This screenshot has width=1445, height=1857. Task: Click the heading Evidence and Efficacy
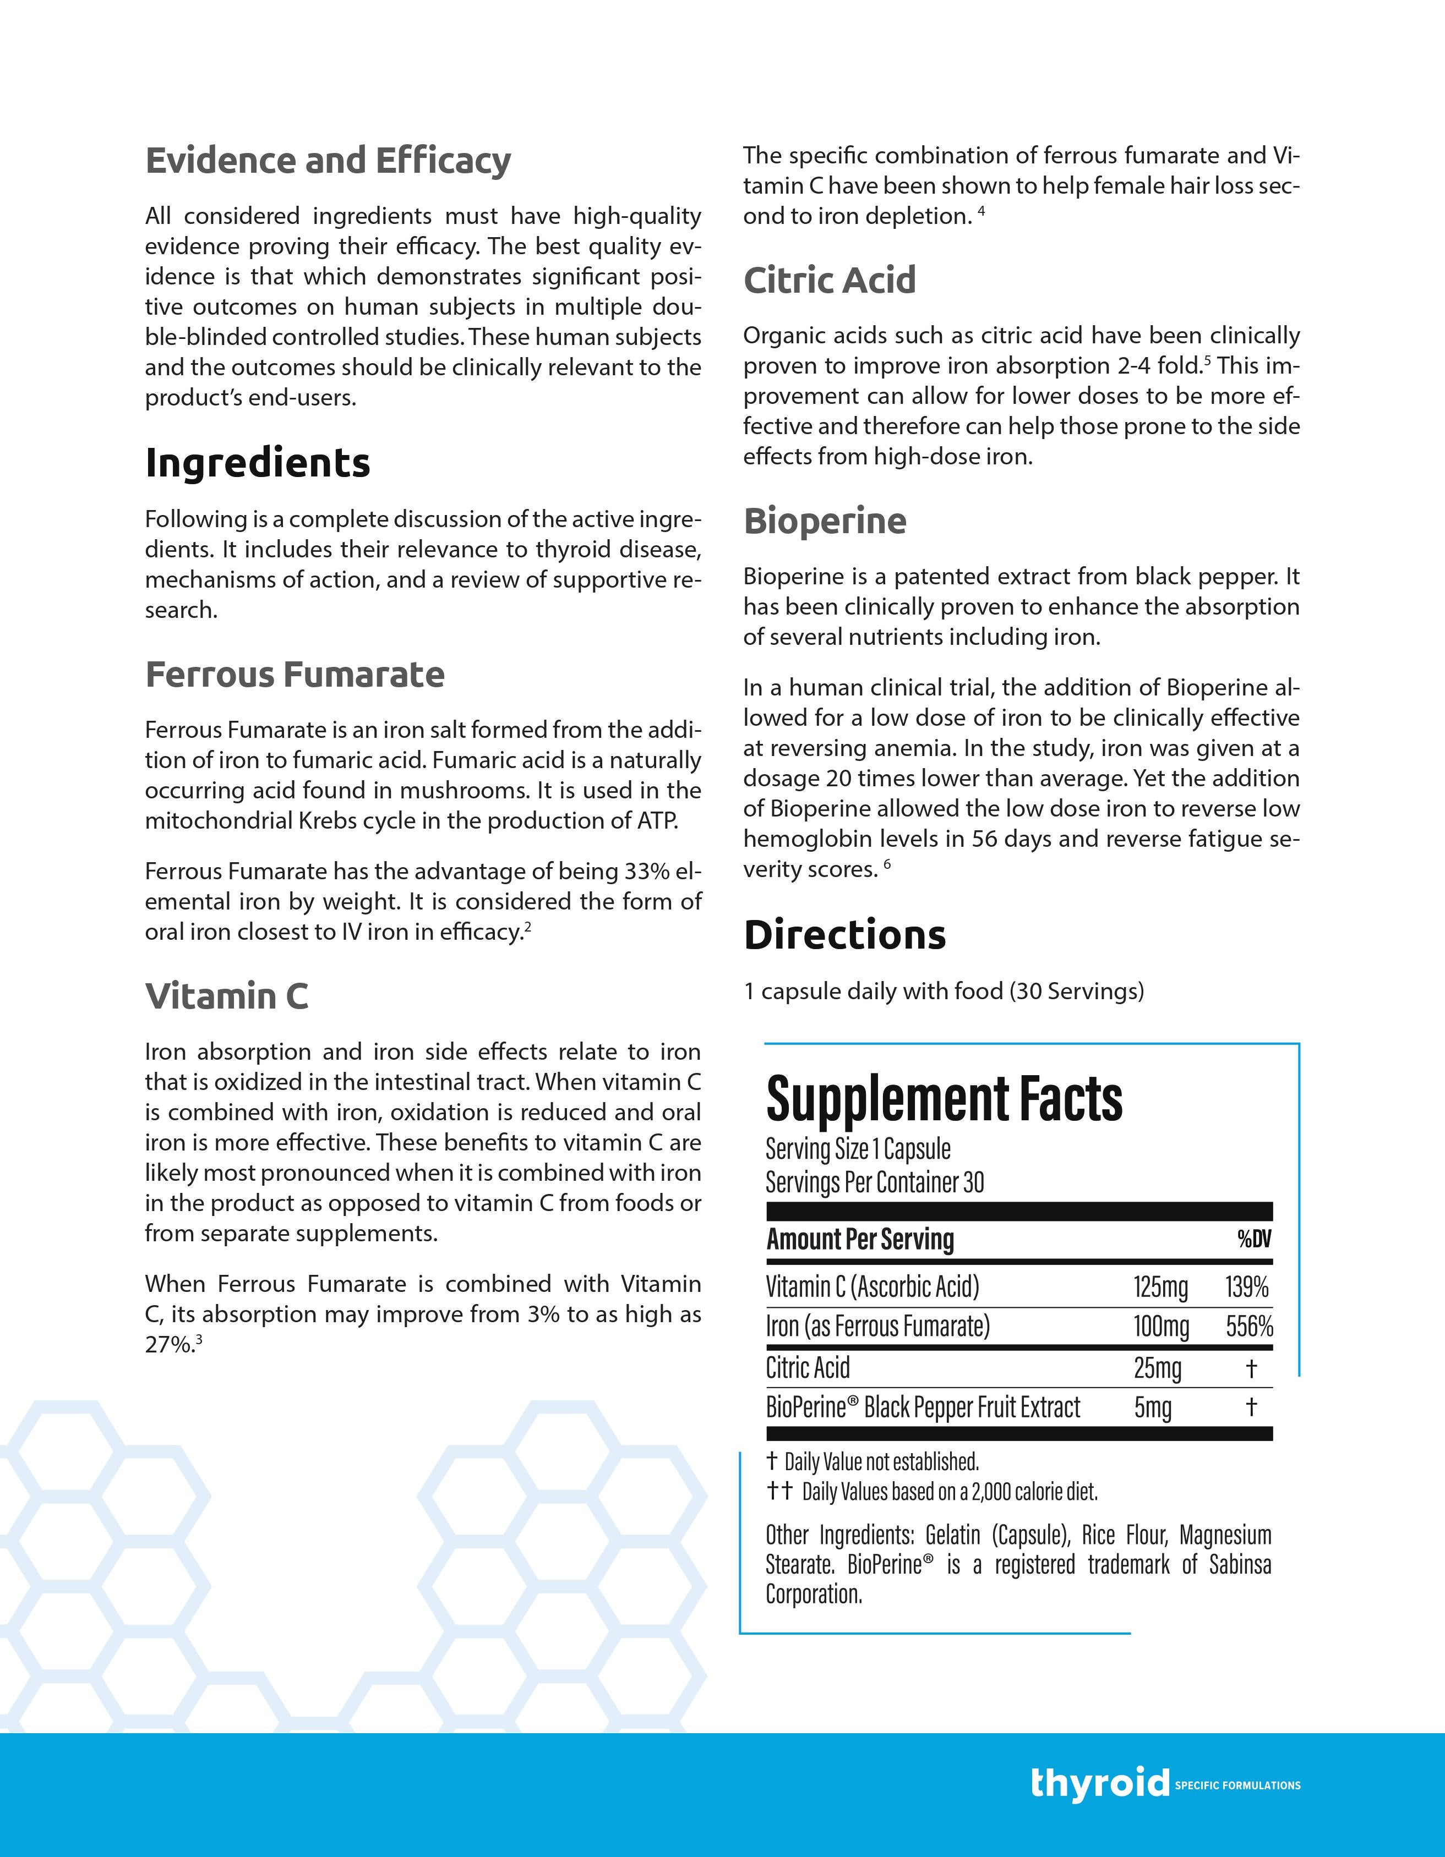point(328,161)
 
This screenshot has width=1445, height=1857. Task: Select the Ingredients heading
point(258,463)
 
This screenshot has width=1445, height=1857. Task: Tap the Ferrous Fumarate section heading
point(295,674)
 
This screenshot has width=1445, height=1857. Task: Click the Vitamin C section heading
point(226,996)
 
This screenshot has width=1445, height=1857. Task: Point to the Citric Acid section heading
point(829,280)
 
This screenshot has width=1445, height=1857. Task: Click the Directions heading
point(844,934)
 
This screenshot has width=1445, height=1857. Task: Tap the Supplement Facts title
point(944,1099)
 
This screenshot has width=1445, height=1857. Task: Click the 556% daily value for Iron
point(1248,1327)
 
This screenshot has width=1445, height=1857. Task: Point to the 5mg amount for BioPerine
point(1153,1407)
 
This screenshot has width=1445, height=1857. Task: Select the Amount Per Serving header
point(860,1239)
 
